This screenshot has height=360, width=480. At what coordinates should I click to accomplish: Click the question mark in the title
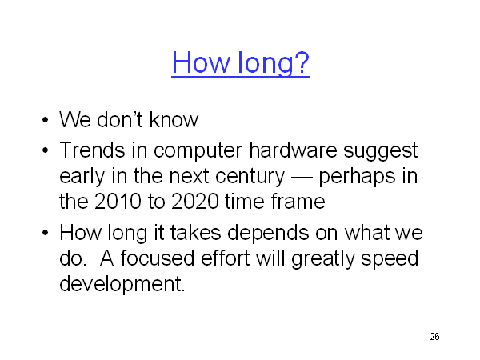pos(302,62)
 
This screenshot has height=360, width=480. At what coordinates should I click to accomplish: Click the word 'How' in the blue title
pos(201,62)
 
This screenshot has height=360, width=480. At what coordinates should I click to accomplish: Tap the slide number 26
pos(434,337)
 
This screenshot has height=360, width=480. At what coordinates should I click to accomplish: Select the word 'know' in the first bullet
pos(174,119)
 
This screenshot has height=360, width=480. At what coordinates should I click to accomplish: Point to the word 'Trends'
pos(92,150)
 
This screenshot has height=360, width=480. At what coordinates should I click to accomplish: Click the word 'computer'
pos(198,151)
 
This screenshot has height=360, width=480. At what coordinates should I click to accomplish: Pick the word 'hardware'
pos(293,150)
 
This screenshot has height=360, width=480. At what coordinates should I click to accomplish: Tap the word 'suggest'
pos(381,151)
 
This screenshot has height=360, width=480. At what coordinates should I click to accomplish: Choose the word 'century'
pos(250,177)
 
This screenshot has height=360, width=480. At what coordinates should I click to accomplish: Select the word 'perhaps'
pos(358,177)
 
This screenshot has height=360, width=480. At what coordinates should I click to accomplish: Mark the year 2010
pos(118,202)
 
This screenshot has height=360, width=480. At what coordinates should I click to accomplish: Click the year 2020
pos(195,202)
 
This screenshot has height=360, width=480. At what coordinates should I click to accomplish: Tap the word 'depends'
pos(267,234)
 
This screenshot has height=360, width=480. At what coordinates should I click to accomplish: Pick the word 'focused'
pos(158,258)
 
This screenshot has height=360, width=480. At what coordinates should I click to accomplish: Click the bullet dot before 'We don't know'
pos(46,119)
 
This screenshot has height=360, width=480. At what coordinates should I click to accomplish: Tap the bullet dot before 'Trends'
pos(46,150)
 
